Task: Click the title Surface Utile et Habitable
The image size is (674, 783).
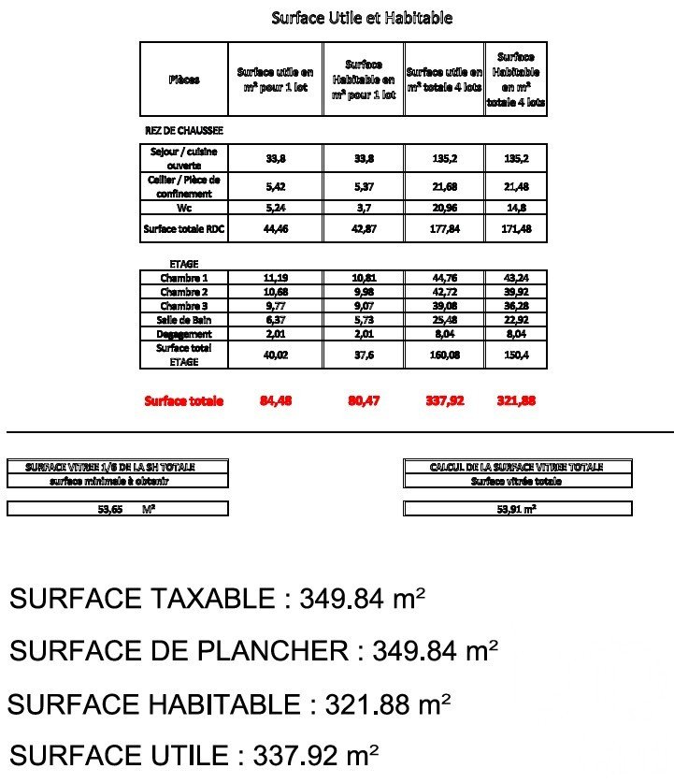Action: (x=362, y=18)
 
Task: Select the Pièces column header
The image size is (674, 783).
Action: (x=184, y=80)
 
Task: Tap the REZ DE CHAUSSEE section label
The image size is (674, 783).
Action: (x=184, y=132)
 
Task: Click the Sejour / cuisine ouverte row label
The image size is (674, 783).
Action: (x=184, y=158)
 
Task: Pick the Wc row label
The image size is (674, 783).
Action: (x=184, y=208)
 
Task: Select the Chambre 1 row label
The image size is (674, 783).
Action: (x=184, y=278)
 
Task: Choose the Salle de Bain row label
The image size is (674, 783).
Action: (x=184, y=320)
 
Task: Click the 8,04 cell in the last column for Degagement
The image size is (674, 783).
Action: (x=516, y=334)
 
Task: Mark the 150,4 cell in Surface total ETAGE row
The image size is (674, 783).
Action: (x=516, y=355)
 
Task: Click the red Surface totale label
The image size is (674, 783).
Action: (x=184, y=401)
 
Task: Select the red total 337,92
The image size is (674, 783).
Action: (x=444, y=401)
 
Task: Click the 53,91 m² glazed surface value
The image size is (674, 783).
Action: (x=516, y=510)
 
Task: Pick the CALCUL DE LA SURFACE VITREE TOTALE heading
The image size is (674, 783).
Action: (x=516, y=467)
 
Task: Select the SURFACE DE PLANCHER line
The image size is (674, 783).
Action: (x=253, y=651)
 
